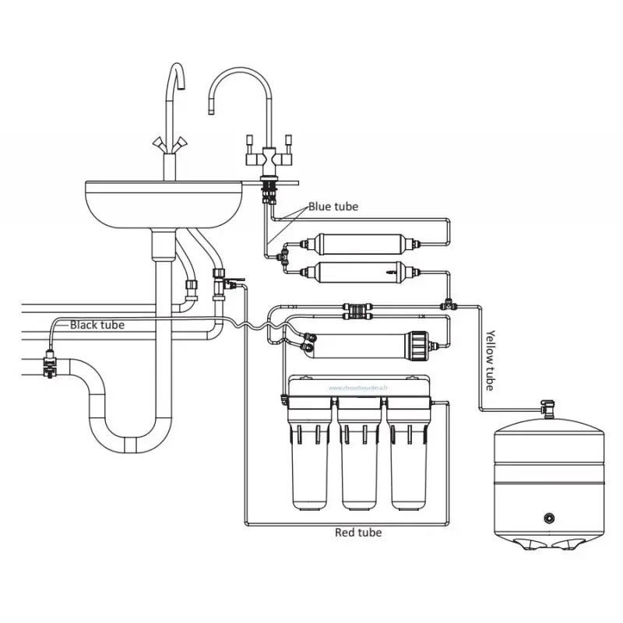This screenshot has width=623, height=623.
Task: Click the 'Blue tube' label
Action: point(333,206)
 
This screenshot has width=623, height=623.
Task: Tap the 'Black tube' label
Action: point(97,325)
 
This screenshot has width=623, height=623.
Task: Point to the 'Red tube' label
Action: point(357,533)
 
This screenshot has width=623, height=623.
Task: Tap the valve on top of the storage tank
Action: point(548,406)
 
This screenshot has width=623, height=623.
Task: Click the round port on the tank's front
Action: point(551,517)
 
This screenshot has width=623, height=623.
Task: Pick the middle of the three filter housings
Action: point(361,459)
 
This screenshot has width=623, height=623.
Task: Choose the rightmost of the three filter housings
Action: point(410,459)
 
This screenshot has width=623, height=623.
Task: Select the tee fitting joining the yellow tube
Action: point(449,302)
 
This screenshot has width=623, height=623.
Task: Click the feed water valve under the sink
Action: point(220,280)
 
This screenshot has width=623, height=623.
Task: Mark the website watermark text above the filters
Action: point(361,386)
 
